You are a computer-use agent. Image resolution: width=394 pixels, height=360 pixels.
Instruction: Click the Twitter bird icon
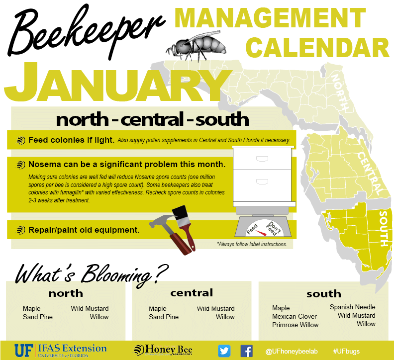[x=224, y=351]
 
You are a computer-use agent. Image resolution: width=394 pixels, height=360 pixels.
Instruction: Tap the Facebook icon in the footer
[x=247, y=351]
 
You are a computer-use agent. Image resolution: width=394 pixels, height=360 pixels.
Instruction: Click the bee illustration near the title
[x=196, y=46]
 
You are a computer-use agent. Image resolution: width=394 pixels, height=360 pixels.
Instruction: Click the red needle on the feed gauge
[x=261, y=232]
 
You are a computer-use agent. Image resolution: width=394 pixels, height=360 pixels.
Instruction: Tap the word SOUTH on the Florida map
[x=384, y=229]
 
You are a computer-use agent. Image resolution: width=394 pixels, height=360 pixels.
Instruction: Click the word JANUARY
[x=117, y=83]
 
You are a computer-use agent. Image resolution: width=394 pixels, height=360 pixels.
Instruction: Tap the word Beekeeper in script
[x=86, y=31]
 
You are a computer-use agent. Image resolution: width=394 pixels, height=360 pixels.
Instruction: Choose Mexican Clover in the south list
[x=295, y=316]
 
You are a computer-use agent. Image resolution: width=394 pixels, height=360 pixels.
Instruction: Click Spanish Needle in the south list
[x=353, y=307]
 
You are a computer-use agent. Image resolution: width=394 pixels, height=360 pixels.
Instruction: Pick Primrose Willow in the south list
[x=295, y=325]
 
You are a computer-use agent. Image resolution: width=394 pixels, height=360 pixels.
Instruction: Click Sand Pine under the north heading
[x=38, y=317]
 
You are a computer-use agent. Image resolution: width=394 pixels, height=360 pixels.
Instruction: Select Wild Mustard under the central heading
[x=215, y=308]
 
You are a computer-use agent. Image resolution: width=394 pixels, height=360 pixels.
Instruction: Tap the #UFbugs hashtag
[x=346, y=351]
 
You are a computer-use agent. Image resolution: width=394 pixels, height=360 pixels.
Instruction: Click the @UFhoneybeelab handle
[x=292, y=351]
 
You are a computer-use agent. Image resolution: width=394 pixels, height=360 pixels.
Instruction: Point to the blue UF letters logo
[x=24, y=351]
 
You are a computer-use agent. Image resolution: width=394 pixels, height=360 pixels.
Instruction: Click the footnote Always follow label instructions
[x=252, y=244]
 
